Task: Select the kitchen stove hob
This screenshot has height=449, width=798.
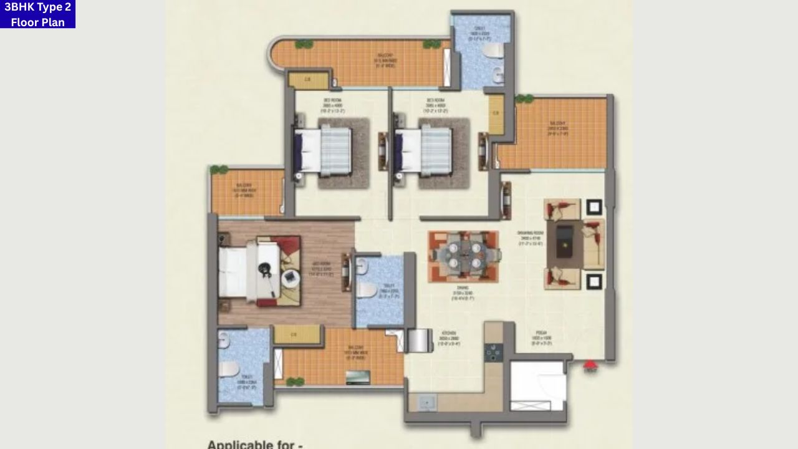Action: (494, 352)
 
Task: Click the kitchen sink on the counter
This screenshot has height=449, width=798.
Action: (427, 402)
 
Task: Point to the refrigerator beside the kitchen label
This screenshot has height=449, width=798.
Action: (420, 340)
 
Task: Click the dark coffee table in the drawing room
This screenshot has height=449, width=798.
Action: (564, 239)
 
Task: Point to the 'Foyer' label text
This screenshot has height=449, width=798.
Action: (540, 337)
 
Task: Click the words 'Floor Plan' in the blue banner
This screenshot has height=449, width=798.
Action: (37, 22)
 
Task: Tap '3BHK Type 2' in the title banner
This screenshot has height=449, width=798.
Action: (37, 7)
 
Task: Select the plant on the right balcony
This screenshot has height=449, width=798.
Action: (524, 99)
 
